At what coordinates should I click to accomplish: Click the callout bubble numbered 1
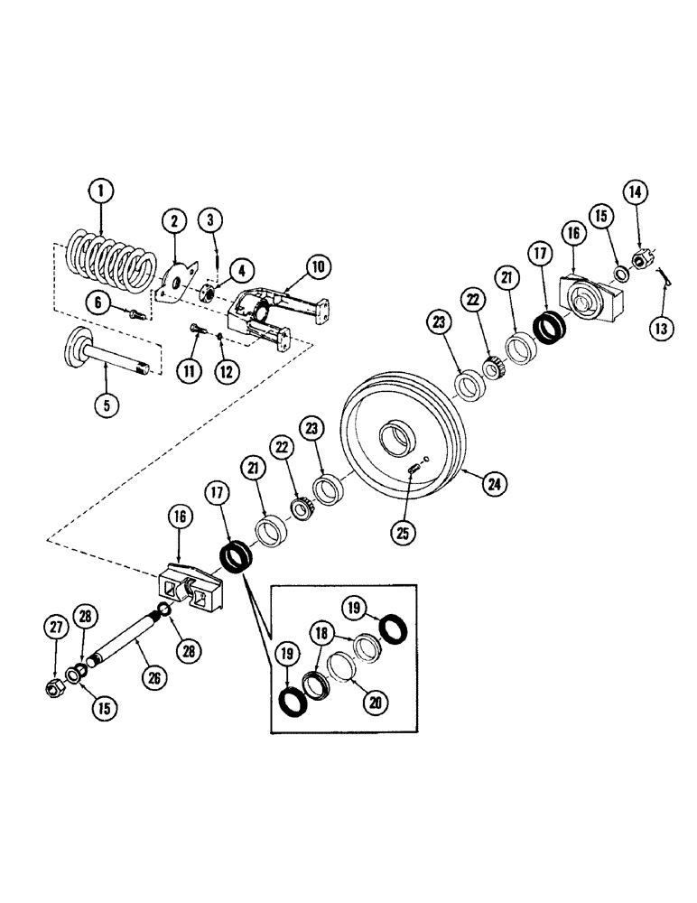pos(101,191)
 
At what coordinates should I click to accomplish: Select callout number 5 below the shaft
pos(107,405)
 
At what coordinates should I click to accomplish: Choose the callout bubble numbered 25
pos(403,533)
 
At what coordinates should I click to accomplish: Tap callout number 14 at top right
pos(635,191)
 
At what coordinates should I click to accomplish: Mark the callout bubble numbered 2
pos(174,219)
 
